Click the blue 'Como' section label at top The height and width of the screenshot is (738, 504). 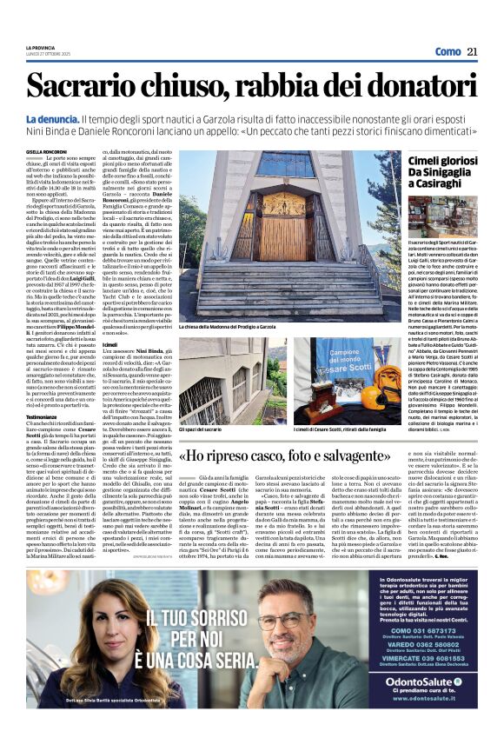448,52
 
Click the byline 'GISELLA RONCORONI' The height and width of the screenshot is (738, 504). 46,151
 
